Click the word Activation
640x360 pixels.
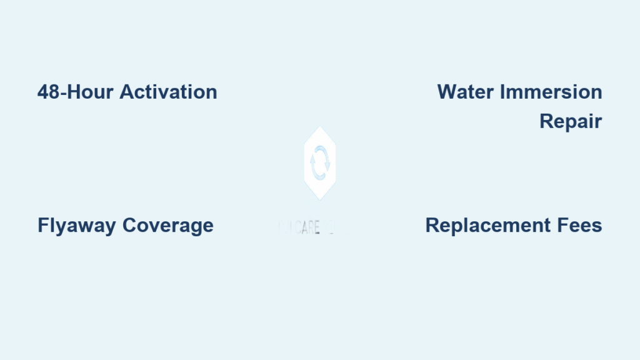168,92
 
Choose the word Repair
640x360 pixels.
571,121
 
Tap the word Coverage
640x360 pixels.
168,225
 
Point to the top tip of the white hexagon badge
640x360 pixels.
319,127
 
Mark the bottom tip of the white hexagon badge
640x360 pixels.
319,200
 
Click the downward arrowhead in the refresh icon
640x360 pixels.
327,166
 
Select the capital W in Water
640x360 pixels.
446,92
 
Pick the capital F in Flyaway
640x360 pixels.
42,225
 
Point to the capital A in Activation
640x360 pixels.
126,92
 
